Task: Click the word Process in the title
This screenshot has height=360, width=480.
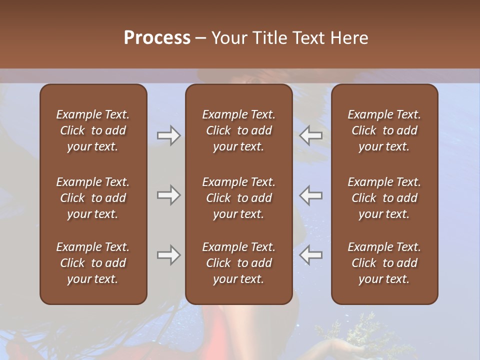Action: (157, 38)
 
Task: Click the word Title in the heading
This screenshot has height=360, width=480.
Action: (269, 38)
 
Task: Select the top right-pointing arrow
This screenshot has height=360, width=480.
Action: (168, 135)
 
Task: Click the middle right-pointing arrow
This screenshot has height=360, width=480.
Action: (168, 195)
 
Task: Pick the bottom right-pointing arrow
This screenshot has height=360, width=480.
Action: (168, 255)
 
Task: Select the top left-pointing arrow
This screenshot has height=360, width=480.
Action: (311, 135)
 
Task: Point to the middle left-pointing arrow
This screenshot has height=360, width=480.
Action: (311, 195)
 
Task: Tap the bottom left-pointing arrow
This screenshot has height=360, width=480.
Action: (311, 255)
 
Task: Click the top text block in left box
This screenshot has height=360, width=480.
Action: (93, 130)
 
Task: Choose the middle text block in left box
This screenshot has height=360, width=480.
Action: (93, 198)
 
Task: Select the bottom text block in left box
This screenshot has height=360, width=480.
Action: (93, 263)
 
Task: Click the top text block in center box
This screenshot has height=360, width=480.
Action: (238, 130)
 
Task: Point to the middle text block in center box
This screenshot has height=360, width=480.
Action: (238, 198)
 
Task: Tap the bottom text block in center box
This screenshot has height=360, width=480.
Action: (238, 263)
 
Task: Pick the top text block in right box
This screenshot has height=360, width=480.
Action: (384, 130)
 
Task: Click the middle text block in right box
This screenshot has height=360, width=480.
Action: (384, 198)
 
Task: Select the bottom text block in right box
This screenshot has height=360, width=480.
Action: (384, 263)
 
